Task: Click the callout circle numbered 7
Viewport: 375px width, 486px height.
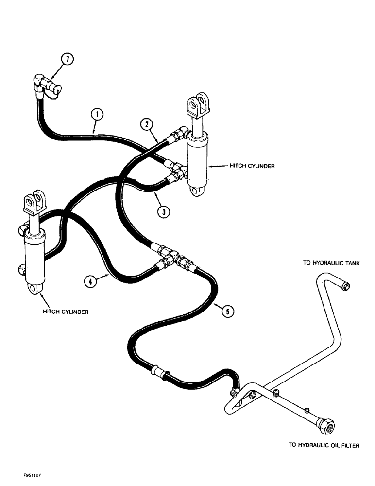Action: pos(68,59)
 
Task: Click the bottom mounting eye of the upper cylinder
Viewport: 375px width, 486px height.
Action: pos(196,192)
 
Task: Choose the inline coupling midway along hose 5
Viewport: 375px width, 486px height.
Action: pos(159,372)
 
